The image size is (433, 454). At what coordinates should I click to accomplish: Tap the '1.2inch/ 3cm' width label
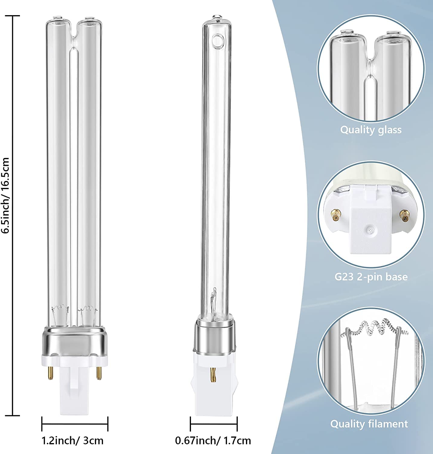pos(73,440)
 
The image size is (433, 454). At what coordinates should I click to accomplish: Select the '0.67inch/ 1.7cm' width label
pos(213,440)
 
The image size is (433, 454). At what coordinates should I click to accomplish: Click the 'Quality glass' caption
pos(371,130)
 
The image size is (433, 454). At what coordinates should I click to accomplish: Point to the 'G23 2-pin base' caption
pos(371,277)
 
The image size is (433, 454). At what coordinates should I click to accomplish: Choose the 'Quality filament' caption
pos(369,424)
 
